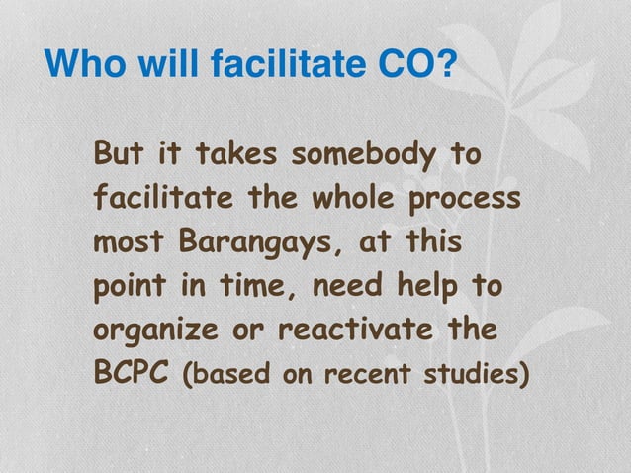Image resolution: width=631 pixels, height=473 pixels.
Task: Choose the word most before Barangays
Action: (x=131, y=242)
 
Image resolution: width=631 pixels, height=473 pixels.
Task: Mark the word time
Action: (x=254, y=287)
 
